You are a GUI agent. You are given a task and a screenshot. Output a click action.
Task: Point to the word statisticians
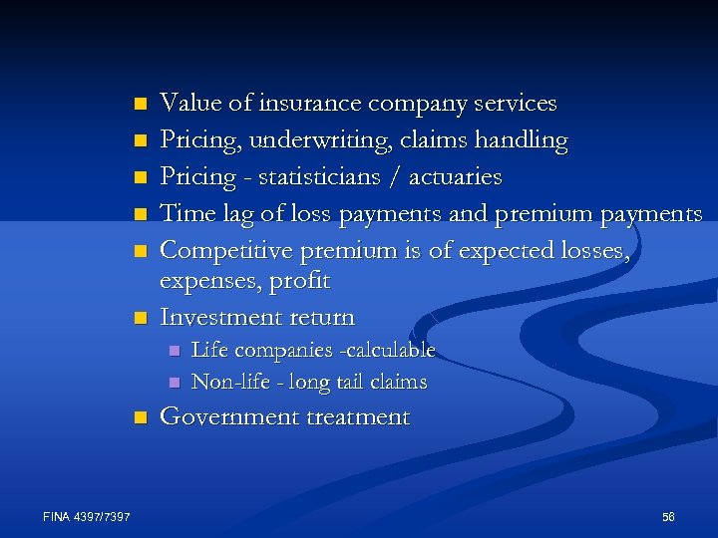[x=319, y=177]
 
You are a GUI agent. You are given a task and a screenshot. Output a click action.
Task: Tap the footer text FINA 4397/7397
[x=88, y=515]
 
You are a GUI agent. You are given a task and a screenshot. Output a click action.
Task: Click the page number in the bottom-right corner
[x=667, y=516]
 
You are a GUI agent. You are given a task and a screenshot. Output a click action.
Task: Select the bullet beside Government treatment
[x=141, y=416]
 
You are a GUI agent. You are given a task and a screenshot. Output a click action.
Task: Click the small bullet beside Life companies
[x=175, y=351]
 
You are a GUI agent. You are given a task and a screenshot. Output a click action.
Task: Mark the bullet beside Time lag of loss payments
[x=141, y=213]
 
